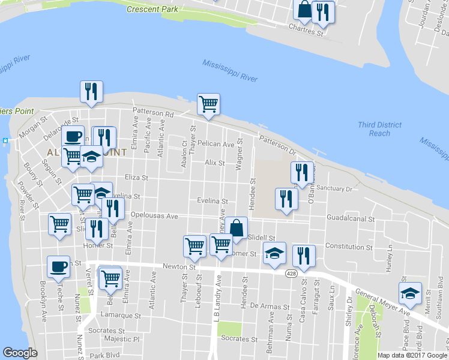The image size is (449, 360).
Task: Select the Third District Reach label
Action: click(x=379, y=129)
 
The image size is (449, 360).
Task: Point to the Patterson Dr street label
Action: click(x=277, y=143)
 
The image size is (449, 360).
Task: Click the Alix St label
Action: click(x=214, y=163)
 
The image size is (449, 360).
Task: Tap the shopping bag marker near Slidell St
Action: click(x=237, y=229)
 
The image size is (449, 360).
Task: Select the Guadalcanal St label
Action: click(x=351, y=220)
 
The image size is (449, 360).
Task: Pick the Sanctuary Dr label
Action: click(x=335, y=188)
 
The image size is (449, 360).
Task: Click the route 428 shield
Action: click(x=290, y=274)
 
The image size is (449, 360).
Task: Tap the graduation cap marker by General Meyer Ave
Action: click(x=410, y=293)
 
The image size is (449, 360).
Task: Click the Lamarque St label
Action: click(x=121, y=315)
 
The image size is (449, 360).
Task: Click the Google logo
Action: click(x=20, y=352)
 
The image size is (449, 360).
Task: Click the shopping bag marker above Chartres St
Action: click(x=304, y=9)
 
